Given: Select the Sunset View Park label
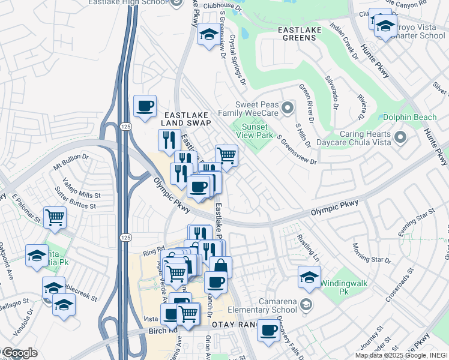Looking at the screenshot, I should point(257,130).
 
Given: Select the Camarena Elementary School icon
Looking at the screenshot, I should point(307,305).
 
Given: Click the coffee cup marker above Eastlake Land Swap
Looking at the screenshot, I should point(145,106).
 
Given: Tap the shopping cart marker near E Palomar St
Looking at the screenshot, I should point(55,217).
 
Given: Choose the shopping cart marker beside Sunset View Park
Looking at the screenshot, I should point(226,156).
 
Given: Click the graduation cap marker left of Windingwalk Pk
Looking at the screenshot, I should point(309,277).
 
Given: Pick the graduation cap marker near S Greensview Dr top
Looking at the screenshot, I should point(208,34).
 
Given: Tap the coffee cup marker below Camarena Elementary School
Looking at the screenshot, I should point(268,329).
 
